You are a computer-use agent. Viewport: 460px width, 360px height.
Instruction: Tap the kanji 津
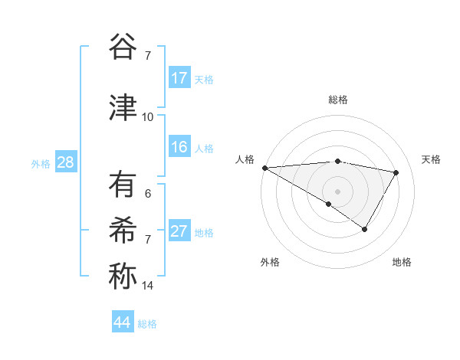pos(122,108)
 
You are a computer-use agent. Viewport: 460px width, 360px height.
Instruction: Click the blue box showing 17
pos(179,78)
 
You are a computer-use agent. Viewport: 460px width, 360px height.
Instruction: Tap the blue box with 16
pos(179,147)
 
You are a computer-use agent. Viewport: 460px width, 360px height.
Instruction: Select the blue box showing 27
pos(179,231)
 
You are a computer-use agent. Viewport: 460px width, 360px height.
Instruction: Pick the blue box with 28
pos(65,163)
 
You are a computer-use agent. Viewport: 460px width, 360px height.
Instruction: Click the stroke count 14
pos(147,286)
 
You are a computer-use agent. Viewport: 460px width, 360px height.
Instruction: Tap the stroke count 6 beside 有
pos(148,194)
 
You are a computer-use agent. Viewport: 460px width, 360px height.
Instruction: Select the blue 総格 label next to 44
pos(147,324)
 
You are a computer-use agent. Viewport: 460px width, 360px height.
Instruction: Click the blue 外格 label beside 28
pos(41,164)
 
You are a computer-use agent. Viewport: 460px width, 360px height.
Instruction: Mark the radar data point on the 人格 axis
pos(264,168)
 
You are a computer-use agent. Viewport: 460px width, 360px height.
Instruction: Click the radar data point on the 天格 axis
pos(396,173)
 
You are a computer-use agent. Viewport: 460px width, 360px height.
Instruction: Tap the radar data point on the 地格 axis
pos(365,229)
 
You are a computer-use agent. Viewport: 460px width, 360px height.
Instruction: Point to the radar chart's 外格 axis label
pos(270,262)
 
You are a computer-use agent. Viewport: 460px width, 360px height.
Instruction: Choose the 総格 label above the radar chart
pos(338,100)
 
